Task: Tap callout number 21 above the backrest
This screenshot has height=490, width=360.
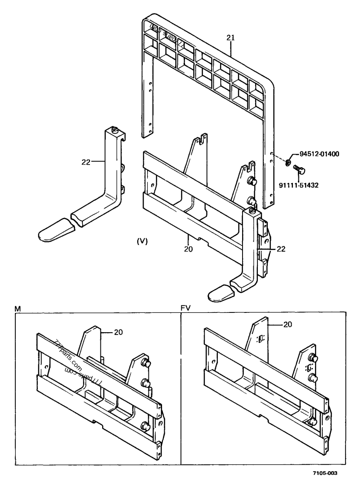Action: (x=230, y=39)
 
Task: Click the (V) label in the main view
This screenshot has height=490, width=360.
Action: (x=142, y=241)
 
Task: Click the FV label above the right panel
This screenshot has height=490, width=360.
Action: (x=185, y=308)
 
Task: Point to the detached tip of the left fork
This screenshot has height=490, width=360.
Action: (x=56, y=230)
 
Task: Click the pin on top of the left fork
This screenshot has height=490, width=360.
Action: (x=115, y=130)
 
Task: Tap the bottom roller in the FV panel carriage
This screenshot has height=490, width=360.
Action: (x=312, y=422)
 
